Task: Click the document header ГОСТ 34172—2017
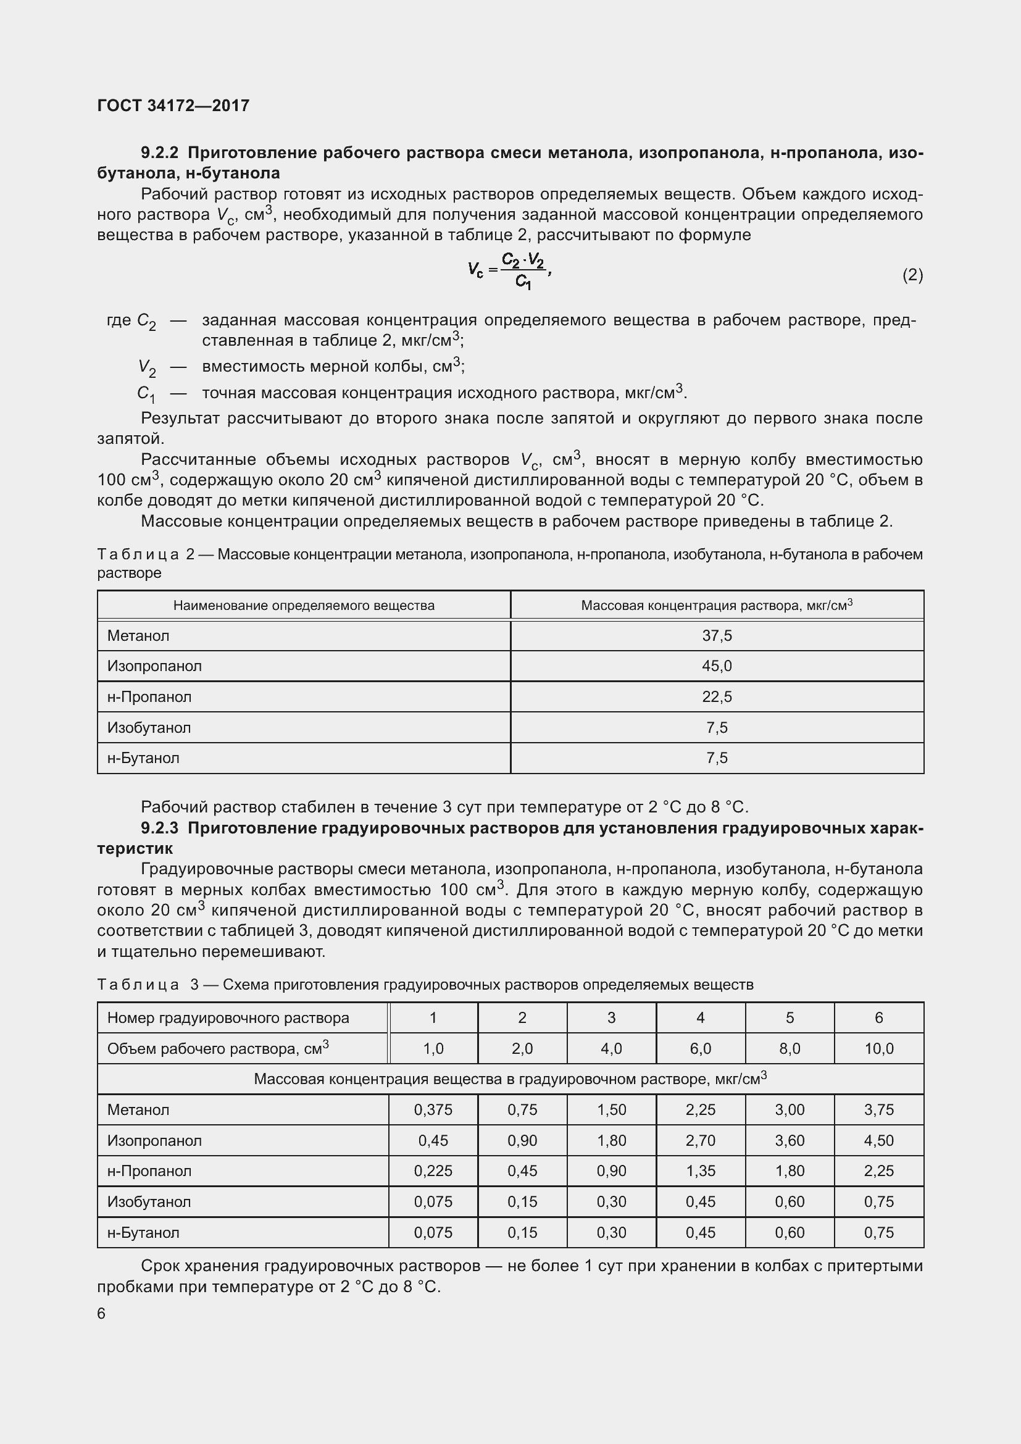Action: point(173,105)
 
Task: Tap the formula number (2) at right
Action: point(912,275)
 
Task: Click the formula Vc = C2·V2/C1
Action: point(509,270)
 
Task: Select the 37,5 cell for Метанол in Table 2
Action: point(717,636)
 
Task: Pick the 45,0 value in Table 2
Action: point(717,666)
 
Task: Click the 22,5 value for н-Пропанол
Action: point(717,697)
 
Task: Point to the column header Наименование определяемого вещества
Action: point(304,606)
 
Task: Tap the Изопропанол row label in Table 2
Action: point(155,666)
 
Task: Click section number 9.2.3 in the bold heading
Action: point(160,828)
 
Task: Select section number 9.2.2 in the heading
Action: point(160,153)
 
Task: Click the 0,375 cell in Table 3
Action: point(433,1110)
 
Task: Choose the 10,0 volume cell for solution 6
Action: point(878,1048)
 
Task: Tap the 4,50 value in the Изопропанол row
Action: point(878,1140)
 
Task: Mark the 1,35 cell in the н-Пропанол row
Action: point(701,1171)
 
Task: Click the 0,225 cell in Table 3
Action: point(433,1171)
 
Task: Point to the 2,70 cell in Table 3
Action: point(701,1140)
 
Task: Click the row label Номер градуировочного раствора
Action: point(228,1017)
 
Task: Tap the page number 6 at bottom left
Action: point(101,1314)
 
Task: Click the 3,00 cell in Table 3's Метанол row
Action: point(790,1110)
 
